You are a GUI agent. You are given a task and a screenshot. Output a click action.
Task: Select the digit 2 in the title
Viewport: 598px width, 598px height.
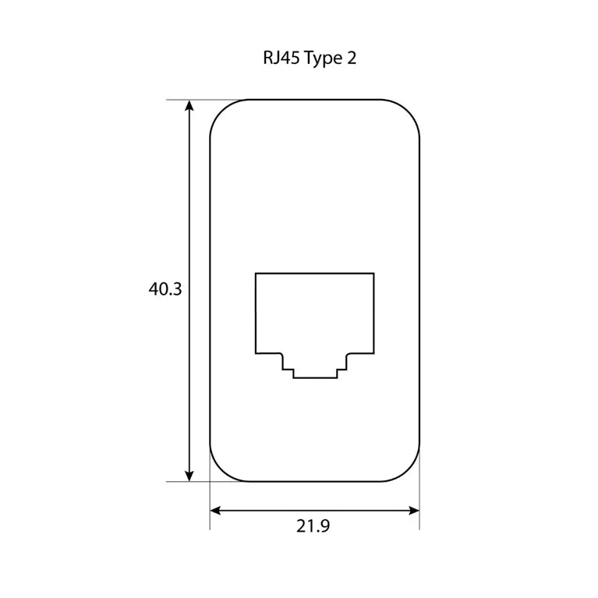tap(352, 59)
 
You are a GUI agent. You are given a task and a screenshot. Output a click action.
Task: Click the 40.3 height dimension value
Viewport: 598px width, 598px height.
tap(165, 289)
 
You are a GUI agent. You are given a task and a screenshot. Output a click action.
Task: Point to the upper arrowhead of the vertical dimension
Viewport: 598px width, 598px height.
tap(189, 106)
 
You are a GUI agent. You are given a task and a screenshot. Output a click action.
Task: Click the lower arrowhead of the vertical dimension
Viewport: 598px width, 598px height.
tap(189, 475)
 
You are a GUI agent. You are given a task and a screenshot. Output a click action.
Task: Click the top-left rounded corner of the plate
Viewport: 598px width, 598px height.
tap(221, 111)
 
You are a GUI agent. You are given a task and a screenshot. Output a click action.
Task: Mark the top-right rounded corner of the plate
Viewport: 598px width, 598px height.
tap(409, 111)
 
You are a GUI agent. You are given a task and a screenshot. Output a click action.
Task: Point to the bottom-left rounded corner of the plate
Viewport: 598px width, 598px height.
tap(221, 470)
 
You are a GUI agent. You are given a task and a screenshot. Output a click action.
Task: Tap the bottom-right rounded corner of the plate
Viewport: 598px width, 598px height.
tap(409, 470)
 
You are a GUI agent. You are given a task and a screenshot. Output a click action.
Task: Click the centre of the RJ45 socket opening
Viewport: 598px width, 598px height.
tap(315, 320)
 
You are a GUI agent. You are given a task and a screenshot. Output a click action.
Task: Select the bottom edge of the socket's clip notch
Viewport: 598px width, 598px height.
tap(315, 378)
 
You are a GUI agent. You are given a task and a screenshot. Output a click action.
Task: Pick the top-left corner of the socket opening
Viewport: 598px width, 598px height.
tap(256, 273)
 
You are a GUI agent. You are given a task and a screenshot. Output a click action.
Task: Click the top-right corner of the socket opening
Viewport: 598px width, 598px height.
tap(373, 273)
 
